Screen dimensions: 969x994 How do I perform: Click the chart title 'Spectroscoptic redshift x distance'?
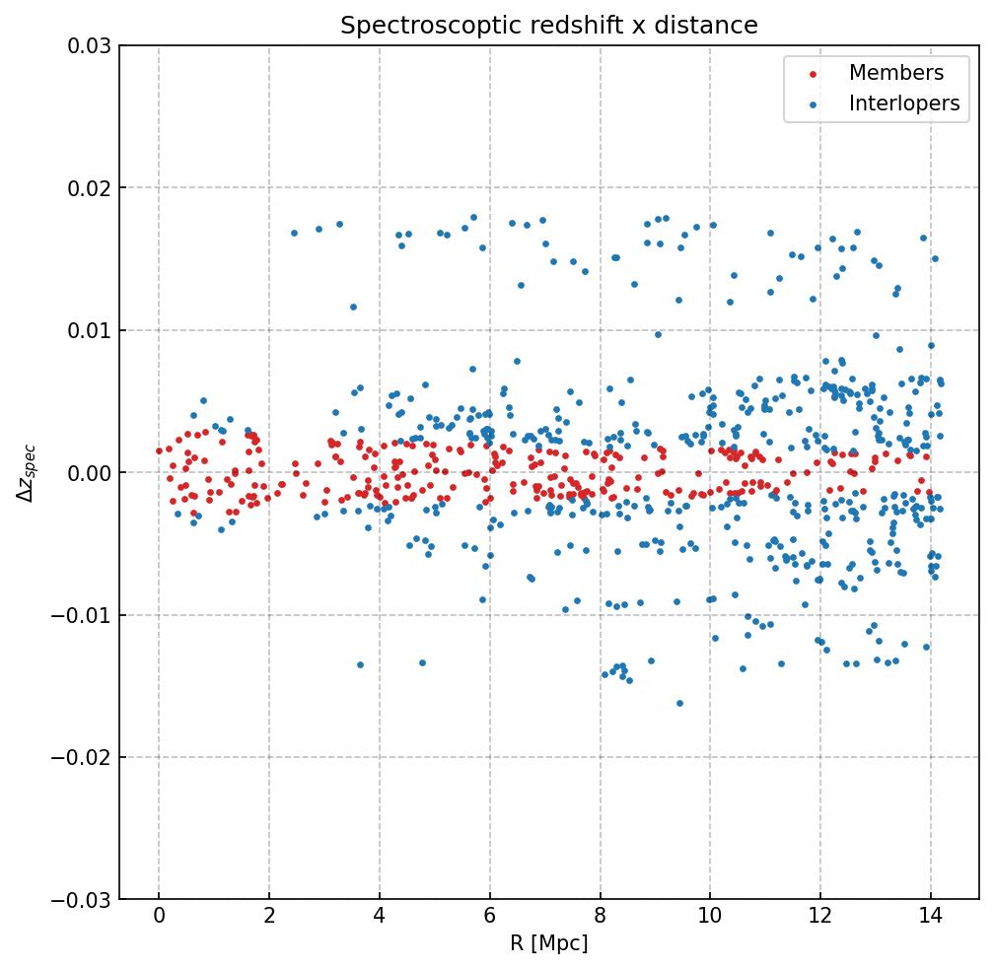[549, 26]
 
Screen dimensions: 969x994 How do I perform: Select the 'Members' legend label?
[895, 73]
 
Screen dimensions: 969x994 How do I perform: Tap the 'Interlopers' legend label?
[903, 104]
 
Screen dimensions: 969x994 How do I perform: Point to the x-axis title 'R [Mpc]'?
[548, 943]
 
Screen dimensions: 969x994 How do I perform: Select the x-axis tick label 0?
[159, 918]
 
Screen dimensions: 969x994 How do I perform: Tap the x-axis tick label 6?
[489, 918]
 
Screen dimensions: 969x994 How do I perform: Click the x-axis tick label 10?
[710, 918]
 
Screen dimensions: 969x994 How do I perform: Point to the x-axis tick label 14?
[930, 918]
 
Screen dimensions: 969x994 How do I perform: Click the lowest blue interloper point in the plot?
[679, 703]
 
